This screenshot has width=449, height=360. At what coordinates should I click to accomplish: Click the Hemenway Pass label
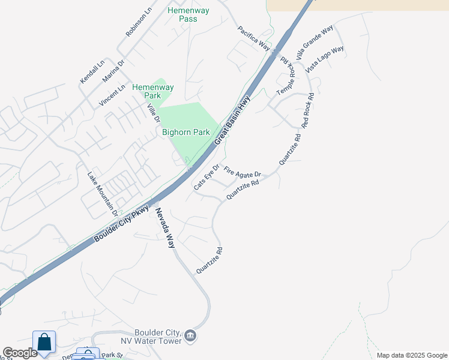[182, 14]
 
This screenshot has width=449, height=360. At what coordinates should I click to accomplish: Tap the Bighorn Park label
[185, 132]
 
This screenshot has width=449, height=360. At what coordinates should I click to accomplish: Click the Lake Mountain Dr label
[101, 193]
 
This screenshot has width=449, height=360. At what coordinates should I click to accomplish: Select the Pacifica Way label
[254, 38]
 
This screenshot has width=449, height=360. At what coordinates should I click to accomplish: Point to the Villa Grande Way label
[315, 43]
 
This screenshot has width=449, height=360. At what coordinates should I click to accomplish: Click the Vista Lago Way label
[324, 59]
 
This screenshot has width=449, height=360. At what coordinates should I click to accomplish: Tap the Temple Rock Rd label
[286, 78]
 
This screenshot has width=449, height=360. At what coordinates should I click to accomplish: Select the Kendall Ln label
[92, 71]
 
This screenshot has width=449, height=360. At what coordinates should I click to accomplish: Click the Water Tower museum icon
[190, 335]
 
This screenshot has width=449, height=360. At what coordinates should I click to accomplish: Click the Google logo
[20, 353]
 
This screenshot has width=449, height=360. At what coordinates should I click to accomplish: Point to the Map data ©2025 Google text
[411, 355]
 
